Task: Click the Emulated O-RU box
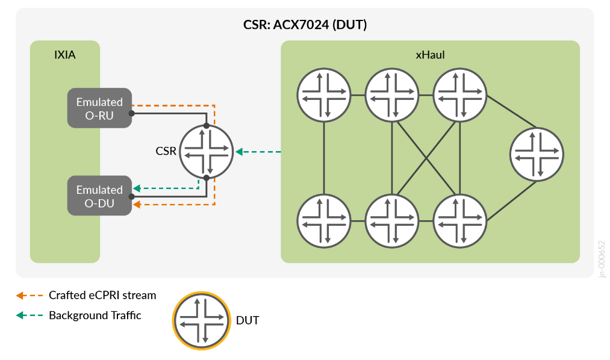[99, 109]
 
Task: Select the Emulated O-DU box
[99, 196]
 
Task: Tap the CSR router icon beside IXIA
[207, 152]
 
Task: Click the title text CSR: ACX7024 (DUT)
[305, 25]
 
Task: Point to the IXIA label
[65, 55]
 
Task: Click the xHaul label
[430, 55]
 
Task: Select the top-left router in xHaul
[325, 95]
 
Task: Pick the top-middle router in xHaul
[393, 95]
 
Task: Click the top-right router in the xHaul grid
[461, 95]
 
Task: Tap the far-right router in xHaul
[537, 155]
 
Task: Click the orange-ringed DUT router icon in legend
[202, 320]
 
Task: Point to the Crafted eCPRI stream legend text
[102, 296]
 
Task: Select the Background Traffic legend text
[95, 315]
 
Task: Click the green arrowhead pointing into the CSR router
[239, 152]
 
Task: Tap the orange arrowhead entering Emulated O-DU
[137, 205]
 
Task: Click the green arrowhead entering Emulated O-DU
[137, 188]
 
